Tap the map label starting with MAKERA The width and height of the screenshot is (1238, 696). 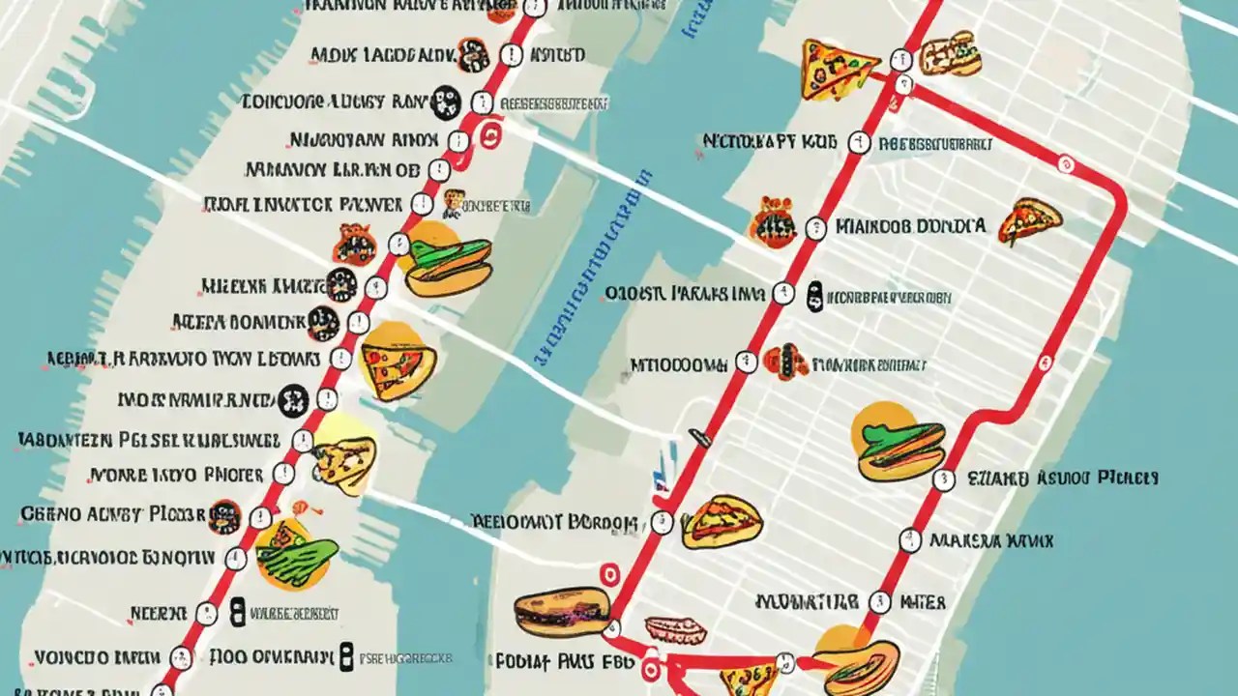click(x=991, y=541)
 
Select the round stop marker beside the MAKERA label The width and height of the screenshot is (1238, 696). click(x=909, y=539)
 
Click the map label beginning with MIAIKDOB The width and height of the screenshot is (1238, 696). click(x=910, y=226)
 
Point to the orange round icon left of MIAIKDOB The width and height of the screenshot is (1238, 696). click(x=772, y=222)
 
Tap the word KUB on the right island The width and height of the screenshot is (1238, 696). click(x=818, y=143)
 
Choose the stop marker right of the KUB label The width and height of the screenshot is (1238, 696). click(x=858, y=144)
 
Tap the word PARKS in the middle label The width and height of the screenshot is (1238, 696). click(x=698, y=291)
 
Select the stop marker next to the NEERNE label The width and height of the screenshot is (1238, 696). click(x=206, y=613)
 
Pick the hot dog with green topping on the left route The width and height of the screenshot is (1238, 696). click(x=447, y=261)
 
